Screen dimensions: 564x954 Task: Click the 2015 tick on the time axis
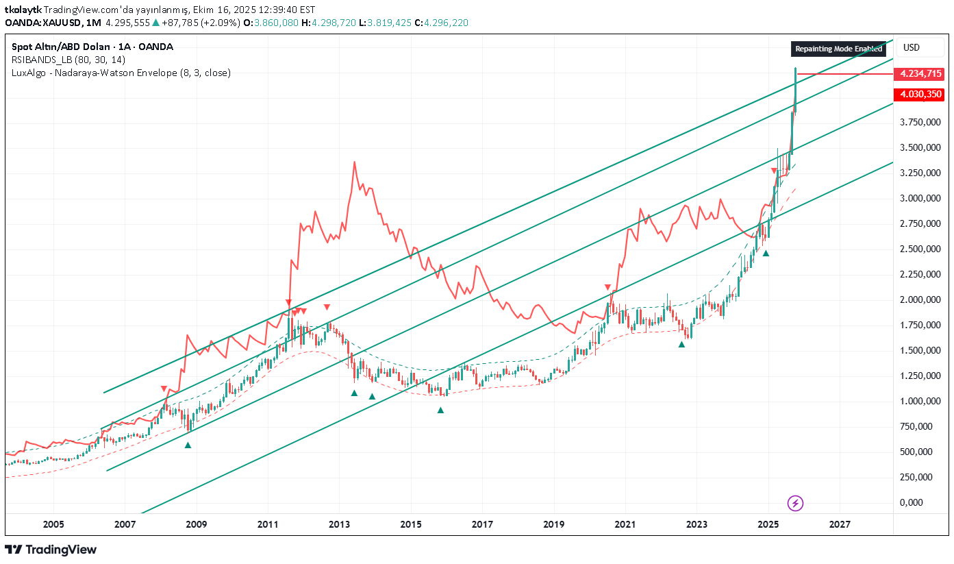(x=411, y=525)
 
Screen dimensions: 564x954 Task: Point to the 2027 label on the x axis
(x=840, y=525)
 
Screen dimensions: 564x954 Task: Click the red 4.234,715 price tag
(x=920, y=74)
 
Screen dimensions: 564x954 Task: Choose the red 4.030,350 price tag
(x=920, y=94)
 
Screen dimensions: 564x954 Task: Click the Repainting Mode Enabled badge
(x=839, y=49)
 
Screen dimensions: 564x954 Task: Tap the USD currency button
(x=912, y=47)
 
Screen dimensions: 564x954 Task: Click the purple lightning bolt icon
(x=795, y=504)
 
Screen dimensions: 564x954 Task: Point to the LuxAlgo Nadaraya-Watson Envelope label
(x=121, y=73)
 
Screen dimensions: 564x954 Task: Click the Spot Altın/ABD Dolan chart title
(x=92, y=47)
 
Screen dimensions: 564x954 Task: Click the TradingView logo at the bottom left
(x=51, y=550)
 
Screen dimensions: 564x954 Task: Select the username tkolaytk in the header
(x=23, y=10)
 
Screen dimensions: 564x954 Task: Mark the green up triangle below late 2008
(x=188, y=445)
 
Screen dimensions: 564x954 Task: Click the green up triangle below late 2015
(x=441, y=410)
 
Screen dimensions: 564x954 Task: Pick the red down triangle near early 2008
(x=164, y=389)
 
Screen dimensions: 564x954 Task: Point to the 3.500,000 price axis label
(x=919, y=147)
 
